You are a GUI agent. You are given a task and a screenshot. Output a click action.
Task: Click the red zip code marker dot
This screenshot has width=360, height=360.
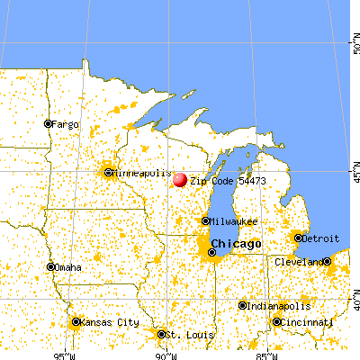pos(179,180)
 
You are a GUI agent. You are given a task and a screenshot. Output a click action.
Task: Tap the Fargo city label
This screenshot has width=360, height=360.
pos(66,123)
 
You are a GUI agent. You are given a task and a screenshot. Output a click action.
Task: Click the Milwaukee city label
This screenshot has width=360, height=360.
pos(234,221)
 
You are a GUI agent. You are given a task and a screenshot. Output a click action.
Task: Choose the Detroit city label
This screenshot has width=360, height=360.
pos(321,238)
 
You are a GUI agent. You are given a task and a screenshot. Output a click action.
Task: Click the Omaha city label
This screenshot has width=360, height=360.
pos(67,267)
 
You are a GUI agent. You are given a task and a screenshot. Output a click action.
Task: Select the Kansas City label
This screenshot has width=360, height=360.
pos(103,321)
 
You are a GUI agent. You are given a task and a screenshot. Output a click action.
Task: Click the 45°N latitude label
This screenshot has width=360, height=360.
pos(355,168)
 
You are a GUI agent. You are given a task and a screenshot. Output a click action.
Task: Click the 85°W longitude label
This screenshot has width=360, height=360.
pos(262,354)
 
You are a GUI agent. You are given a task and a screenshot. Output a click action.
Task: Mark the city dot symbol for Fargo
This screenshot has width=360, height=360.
pos(49,123)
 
